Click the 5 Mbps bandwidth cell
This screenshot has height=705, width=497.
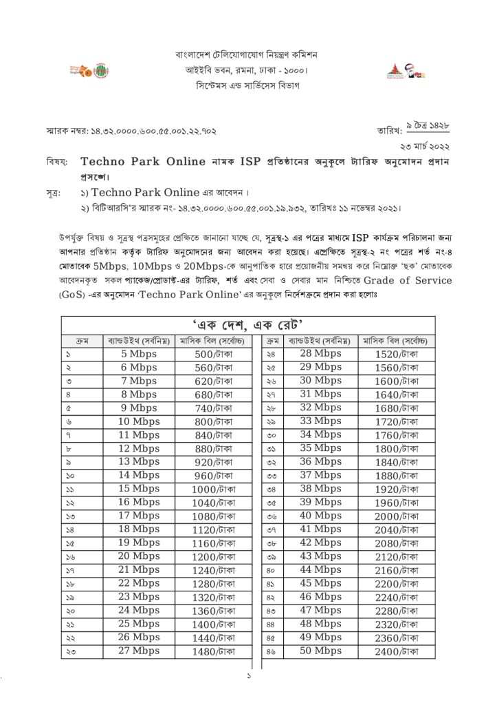pos(139,354)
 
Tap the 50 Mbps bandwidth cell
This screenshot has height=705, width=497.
pos(320,651)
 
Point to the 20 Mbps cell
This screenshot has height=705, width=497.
pos(139,556)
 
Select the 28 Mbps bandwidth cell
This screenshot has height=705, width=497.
pos(320,354)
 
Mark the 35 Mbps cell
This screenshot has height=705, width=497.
pos(320,448)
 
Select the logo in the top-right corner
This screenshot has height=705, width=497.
pos(406,70)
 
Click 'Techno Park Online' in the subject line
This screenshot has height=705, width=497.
pos(143,162)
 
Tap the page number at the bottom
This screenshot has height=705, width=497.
pos(249,677)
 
